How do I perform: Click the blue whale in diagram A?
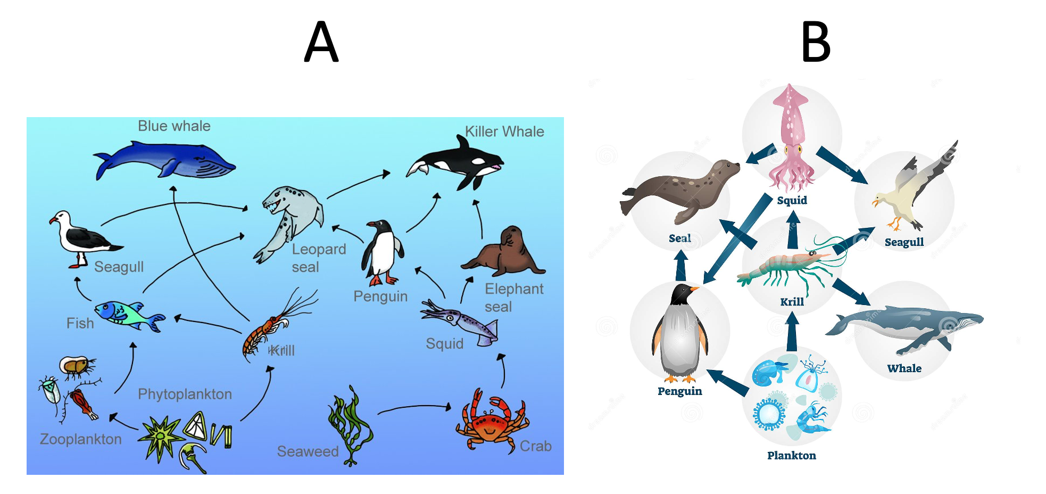(165, 160)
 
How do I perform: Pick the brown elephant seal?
(505, 253)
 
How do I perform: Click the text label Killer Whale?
(504, 131)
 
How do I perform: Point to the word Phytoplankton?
(185, 394)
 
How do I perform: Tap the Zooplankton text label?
(81, 439)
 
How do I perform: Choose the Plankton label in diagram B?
(791, 456)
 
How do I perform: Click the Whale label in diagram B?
(904, 368)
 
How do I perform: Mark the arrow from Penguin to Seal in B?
(680, 265)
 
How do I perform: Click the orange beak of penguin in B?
(694, 289)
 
